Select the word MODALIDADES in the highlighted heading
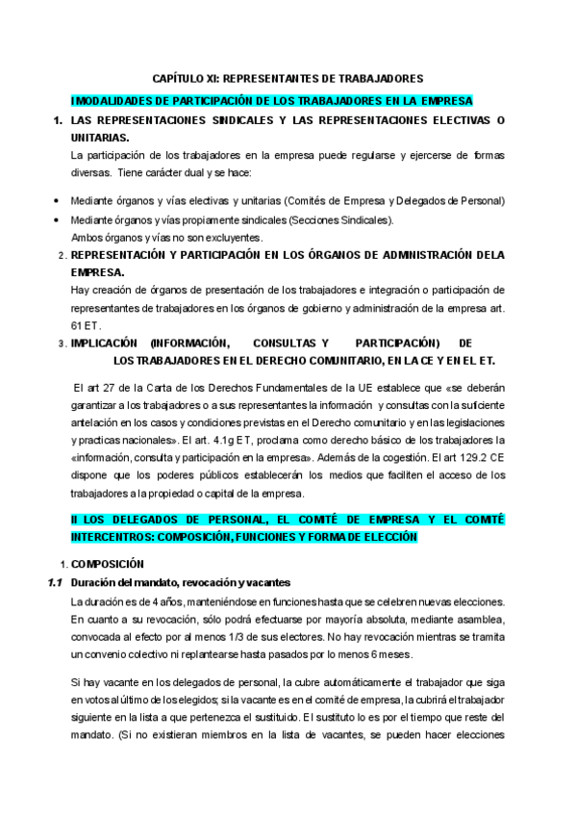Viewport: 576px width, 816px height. pyautogui.click(x=109, y=100)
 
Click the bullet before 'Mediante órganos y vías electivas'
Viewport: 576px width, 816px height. pyautogui.click(x=57, y=200)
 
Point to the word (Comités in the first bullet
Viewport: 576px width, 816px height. pyautogui.click(x=307, y=200)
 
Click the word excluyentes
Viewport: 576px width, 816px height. pyautogui.click(x=231, y=237)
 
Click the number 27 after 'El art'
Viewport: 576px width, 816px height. pyautogui.click(x=112, y=389)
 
